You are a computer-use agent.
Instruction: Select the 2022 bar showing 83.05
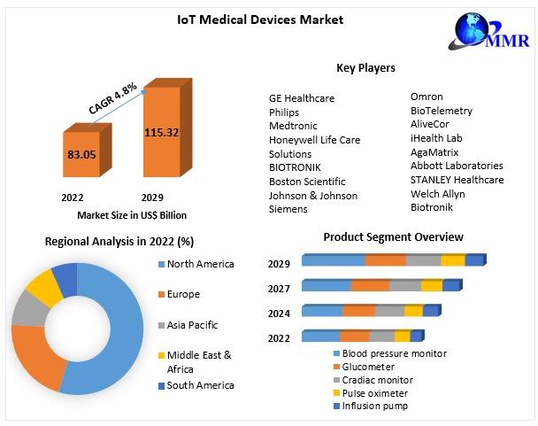[x=81, y=155]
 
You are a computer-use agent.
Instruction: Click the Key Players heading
[x=365, y=68]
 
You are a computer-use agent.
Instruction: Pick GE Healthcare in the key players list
[x=302, y=98]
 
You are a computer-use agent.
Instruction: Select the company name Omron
[x=427, y=97]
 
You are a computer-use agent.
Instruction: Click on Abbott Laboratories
[x=457, y=166]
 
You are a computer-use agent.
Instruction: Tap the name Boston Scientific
[x=306, y=182]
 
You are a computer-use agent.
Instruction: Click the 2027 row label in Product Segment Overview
[x=279, y=288]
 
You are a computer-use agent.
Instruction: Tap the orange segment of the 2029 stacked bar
[x=385, y=260]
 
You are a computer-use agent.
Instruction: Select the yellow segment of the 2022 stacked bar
[x=402, y=337]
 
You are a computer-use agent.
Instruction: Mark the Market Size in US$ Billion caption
[x=132, y=215]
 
